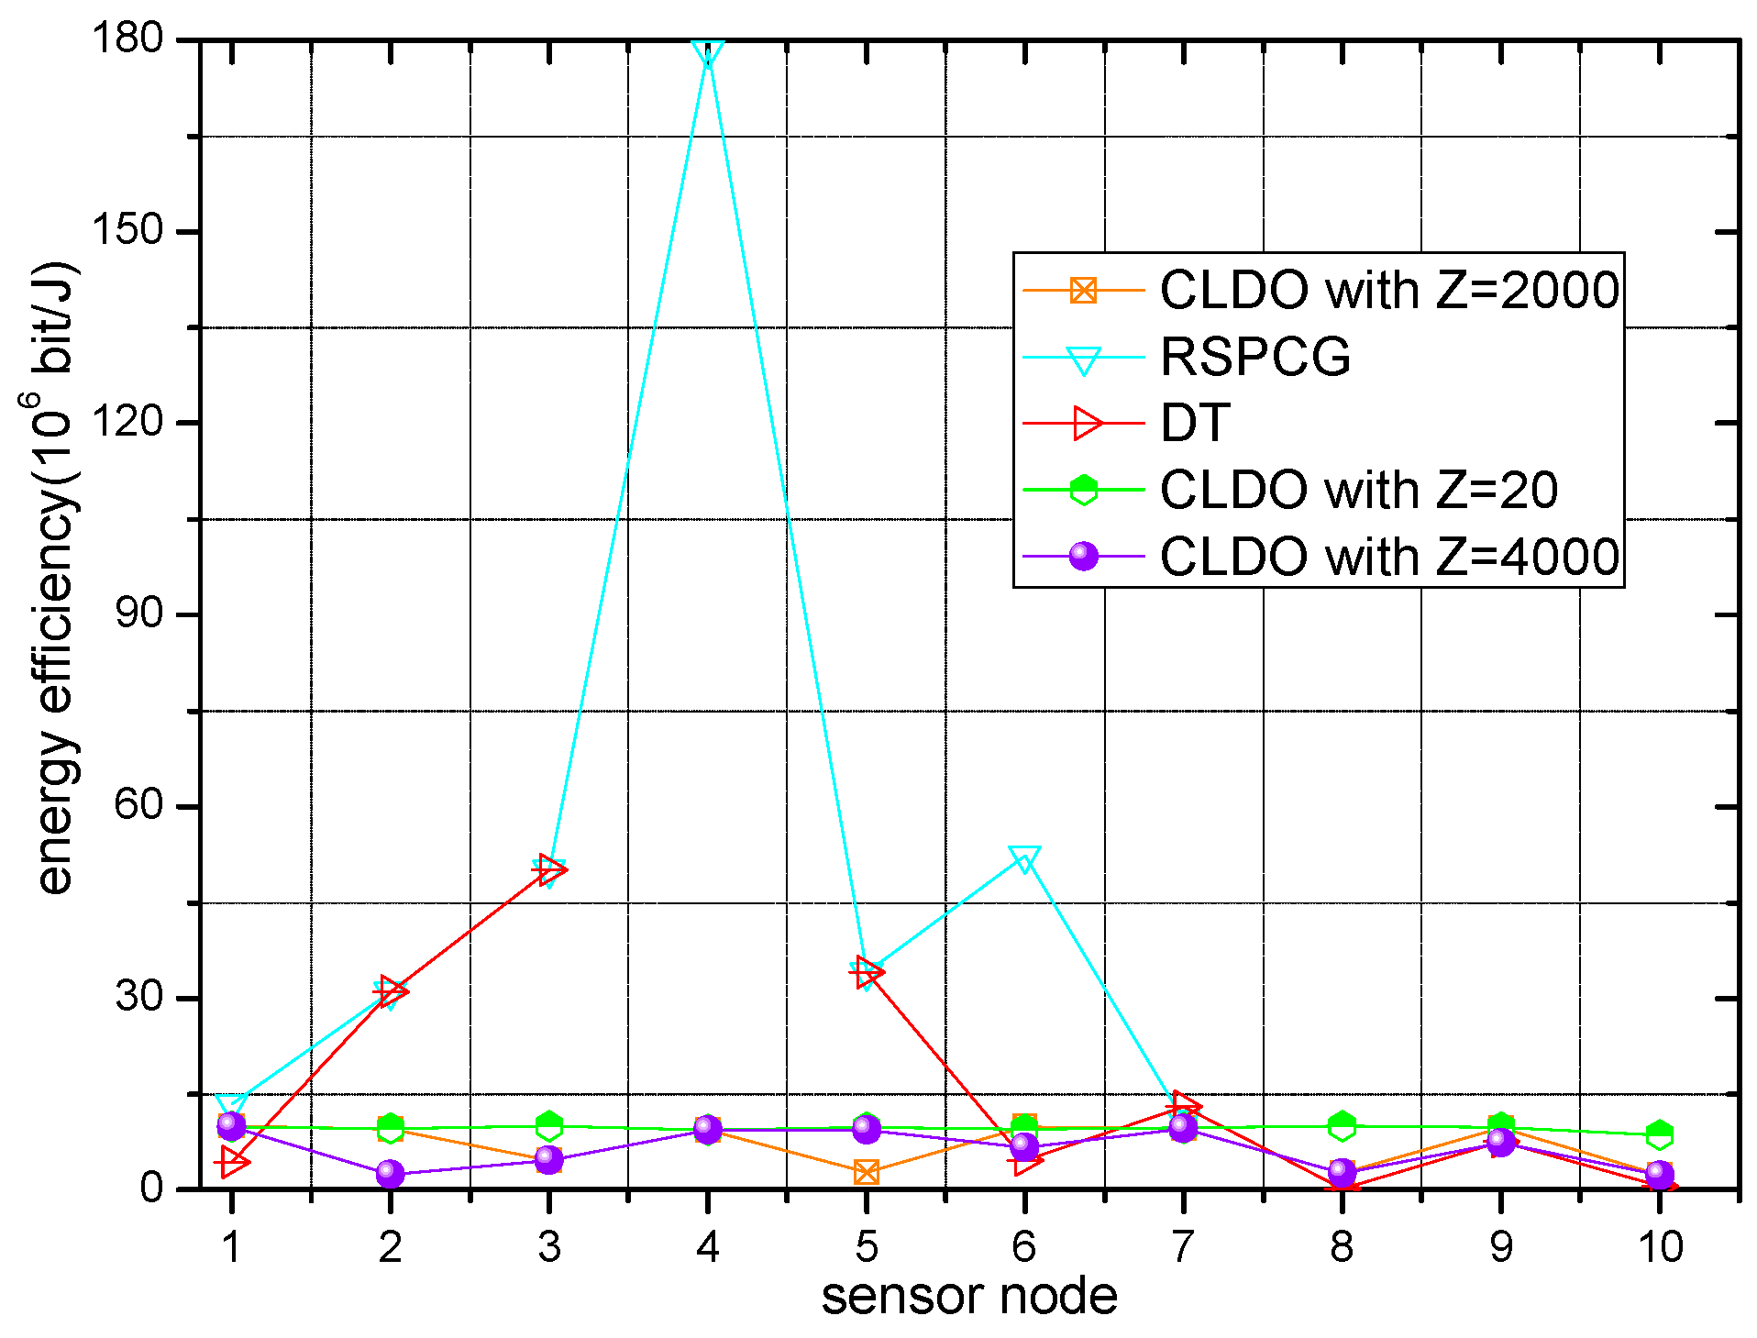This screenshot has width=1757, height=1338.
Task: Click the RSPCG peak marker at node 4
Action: click(708, 52)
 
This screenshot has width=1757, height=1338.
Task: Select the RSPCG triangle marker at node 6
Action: click(1024, 858)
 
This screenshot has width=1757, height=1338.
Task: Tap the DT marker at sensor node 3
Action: click(550, 868)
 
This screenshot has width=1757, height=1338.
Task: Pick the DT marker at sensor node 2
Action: click(392, 990)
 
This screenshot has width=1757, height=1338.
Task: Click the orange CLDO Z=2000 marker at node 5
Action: click(867, 1171)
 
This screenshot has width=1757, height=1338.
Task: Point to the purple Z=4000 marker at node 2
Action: click(391, 1173)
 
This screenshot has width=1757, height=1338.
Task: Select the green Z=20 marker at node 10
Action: click(1659, 1134)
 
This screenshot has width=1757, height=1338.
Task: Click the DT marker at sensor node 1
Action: click(232, 1162)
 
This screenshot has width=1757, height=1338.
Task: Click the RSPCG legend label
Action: click(1254, 357)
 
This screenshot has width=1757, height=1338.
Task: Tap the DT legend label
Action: click(1195, 424)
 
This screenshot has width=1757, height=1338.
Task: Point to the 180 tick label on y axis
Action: click(127, 39)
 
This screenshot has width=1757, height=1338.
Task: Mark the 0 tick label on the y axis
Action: click(152, 1189)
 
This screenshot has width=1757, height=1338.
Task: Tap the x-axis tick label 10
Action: click(1659, 1247)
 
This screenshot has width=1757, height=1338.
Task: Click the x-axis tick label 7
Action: click(1183, 1247)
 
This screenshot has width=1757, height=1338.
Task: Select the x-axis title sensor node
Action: click(968, 1297)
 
